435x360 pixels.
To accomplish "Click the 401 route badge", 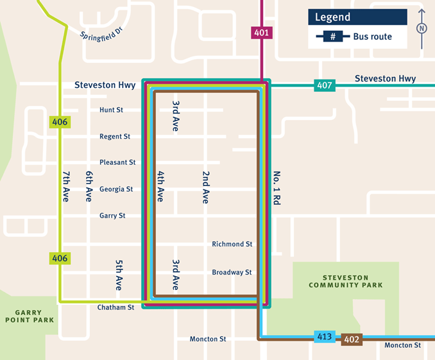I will click(262, 33).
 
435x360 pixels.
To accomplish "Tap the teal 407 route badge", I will click(323, 85).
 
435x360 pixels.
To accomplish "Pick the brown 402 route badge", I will click(351, 339).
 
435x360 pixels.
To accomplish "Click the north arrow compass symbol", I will click(422, 29).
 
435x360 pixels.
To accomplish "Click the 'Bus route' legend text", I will click(372, 37).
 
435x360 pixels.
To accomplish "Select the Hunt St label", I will click(111, 110).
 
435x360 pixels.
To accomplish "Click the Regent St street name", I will click(115, 137).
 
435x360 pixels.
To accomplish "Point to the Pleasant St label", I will click(117, 163).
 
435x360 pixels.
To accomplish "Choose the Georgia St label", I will click(116, 189).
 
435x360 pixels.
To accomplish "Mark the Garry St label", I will click(112, 216).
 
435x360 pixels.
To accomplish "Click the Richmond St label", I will click(232, 244).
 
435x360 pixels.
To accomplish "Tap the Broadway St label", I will click(232, 273).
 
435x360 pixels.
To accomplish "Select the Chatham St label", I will click(115, 307).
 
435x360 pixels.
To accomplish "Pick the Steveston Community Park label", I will click(345, 281).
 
